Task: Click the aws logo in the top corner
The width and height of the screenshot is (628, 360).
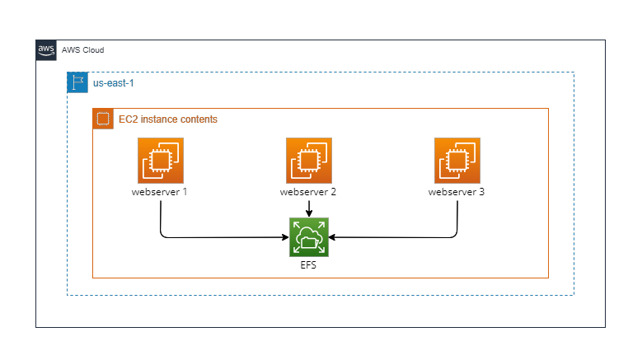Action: (46, 50)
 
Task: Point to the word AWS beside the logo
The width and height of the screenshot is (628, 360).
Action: (70, 50)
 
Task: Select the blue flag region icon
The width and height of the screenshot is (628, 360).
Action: (77, 82)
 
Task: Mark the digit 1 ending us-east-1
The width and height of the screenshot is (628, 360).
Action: (131, 83)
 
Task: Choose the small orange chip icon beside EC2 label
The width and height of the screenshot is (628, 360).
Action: (103, 119)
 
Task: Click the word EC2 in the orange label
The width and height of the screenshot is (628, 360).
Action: (129, 119)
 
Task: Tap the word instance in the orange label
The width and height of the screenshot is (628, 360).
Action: (161, 119)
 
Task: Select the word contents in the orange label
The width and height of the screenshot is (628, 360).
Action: (200, 119)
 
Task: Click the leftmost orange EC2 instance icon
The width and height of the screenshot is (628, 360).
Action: (161, 161)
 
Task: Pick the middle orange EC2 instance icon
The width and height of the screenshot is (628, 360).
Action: (309, 161)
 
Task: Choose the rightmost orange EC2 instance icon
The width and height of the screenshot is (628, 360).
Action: (457, 161)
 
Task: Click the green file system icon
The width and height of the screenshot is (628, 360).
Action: (309, 237)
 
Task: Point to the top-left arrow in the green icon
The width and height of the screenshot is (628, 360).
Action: (297, 225)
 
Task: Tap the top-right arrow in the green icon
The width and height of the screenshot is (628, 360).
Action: (321, 225)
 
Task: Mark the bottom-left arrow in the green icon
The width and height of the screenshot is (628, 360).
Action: (297, 250)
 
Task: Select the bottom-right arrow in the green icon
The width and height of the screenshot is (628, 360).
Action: (321, 250)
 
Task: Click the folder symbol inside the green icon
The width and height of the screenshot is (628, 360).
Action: (310, 241)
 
